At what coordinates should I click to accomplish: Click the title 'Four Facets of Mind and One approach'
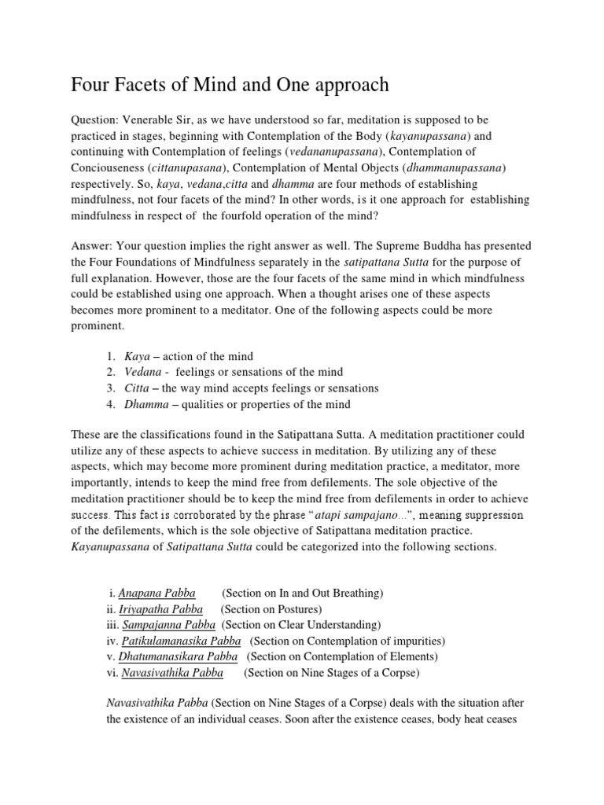[x=230, y=85]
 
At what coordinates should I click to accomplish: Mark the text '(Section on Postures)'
[x=271, y=608]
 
